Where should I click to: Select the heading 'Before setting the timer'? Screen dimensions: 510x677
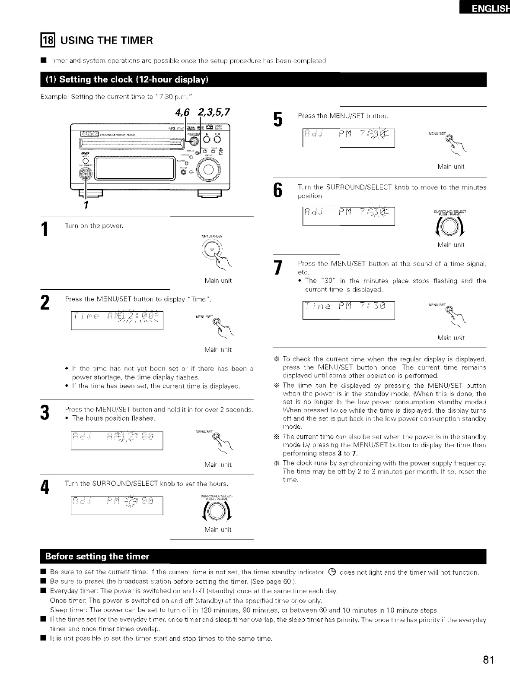click(97, 556)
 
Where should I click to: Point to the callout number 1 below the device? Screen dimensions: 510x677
click(86, 204)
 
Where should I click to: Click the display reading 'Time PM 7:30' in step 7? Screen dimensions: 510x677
click(349, 307)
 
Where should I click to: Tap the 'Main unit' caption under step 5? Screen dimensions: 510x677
click(451, 167)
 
